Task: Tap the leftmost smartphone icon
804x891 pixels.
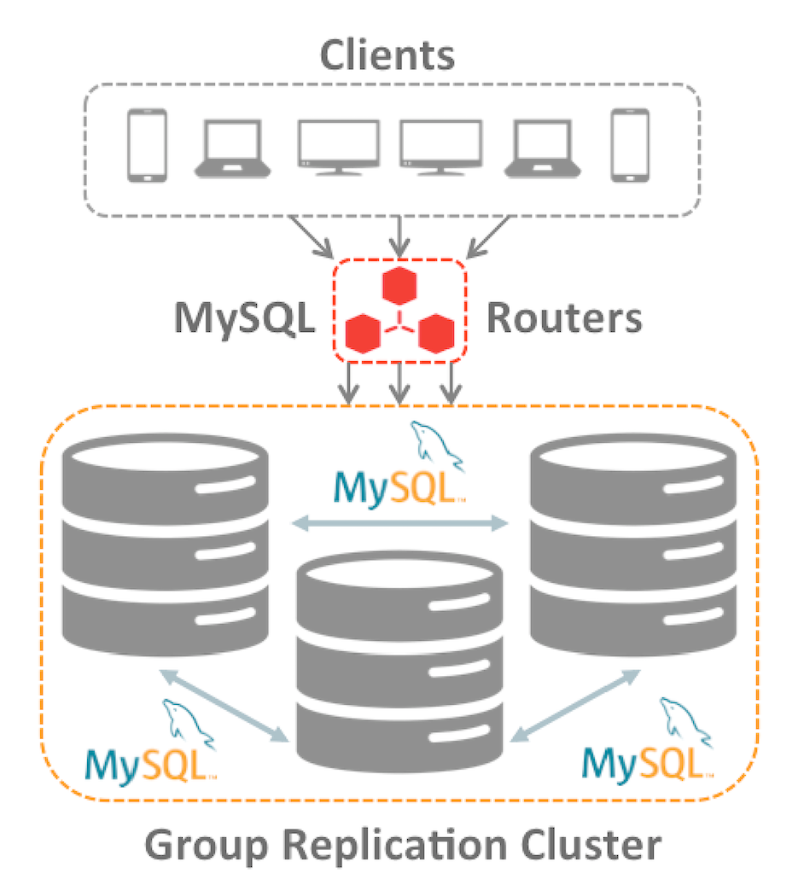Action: pyautogui.click(x=146, y=144)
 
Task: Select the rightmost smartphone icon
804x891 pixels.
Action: pyautogui.click(x=630, y=144)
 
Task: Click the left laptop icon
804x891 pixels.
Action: pyautogui.click(x=233, y=148)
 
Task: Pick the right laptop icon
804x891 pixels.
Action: pyautogui.click(x=543, y=148)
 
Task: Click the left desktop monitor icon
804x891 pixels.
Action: pyautogui.click(x=338, y=147)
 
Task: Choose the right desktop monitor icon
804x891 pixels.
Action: pyautogui.click(x=440, y=147)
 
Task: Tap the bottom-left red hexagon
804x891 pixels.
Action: pyautogui.click(x=362, y=332)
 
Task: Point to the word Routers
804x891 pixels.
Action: pyautogui.click(x=563, y=318)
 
